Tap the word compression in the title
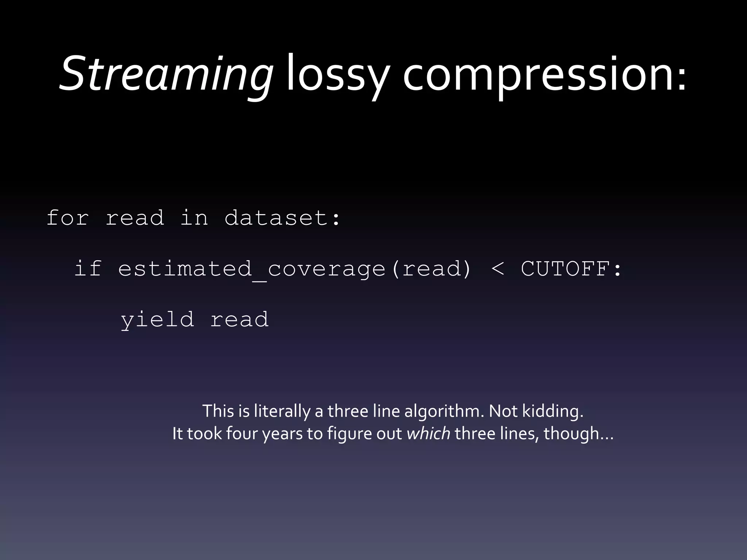pos(539,75)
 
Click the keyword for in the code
pos(68,218)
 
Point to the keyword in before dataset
pos(194,218)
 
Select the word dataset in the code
pos(276,218)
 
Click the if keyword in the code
pos(88,269)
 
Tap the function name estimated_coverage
pos(252,269)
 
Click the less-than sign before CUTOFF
pos(498,269)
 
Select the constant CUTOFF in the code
pos(566,269)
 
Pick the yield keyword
pos(157,320)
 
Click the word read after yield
pos(239,320)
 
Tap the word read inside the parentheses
pos(432,269)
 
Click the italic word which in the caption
pos(428,433)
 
